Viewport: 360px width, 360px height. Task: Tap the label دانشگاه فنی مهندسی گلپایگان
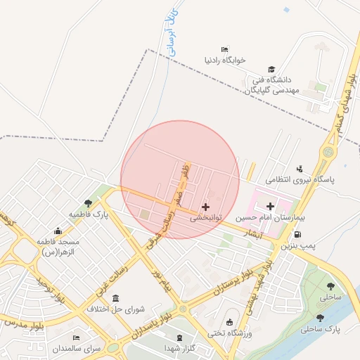tap(280, 85)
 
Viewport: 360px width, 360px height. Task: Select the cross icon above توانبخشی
tap(205, 207)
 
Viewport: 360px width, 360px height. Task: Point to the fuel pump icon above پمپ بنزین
tap(298, 234)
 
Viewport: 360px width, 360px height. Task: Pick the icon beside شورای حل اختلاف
tap(115, 299)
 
